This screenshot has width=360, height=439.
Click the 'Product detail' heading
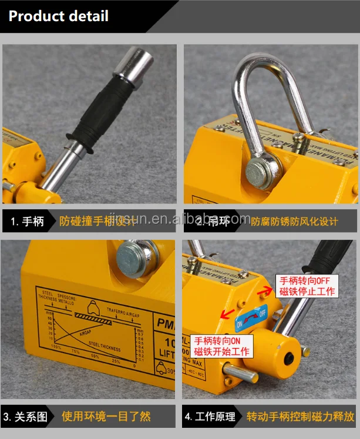[59, 16]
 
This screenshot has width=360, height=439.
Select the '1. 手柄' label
[28, 222]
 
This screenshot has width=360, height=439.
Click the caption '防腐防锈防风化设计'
[295, 222]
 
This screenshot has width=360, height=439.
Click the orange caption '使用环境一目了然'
[106, 417]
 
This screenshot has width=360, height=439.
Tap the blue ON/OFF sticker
[251, 318]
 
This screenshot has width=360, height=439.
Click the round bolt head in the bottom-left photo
[133, 257]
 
